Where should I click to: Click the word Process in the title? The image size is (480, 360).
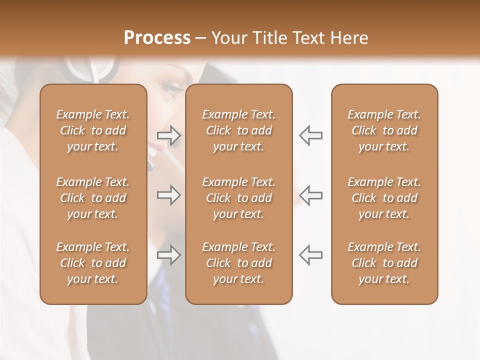[x=157, y=38]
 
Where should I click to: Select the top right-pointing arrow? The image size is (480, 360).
[x=169, y=135]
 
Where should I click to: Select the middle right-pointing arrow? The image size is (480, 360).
[x=169, y=195]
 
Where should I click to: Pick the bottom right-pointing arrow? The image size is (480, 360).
[x=169, y=255]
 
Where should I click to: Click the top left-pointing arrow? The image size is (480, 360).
[x=310, y=135]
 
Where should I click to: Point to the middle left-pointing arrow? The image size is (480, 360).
[x=310, y=195]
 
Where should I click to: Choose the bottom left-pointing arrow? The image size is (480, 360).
[x=310, y=255]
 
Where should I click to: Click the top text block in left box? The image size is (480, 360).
[x=93, y=130]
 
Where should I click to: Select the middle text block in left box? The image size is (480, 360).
[x=93, y=198]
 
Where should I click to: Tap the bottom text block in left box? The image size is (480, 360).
[x=93, y=263]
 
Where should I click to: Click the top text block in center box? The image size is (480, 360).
[x=238, y=130]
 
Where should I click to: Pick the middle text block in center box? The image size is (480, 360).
[x=238, y=198]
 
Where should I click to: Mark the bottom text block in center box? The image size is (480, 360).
[x=238, y=263]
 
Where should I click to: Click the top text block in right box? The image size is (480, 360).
[x=384, y=130]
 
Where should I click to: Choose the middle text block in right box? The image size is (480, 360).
[x=384, y=198]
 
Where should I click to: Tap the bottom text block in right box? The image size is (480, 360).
[x=384, y=263]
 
